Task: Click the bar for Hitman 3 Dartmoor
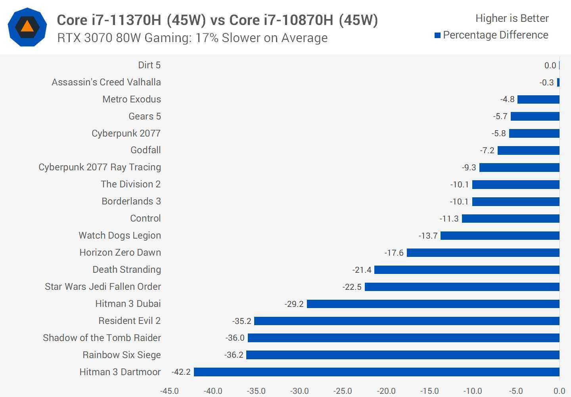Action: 377,372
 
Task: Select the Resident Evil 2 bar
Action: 407,321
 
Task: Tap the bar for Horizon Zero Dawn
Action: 483,252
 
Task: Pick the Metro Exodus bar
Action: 538,99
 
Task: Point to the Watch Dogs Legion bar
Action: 500,235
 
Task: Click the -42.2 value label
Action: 181,372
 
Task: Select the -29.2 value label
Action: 294,304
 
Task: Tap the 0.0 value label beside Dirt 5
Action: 550,66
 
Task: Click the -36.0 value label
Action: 235,338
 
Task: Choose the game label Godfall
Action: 146,150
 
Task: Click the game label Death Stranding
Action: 126,270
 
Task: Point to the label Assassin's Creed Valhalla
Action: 106,82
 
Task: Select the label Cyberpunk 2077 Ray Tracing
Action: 100,167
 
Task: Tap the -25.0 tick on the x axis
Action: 343,391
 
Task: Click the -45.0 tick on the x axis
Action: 169,391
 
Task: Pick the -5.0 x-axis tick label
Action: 516,391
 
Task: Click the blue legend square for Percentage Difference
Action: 438,35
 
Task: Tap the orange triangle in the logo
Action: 27,27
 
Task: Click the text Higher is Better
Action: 512,18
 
